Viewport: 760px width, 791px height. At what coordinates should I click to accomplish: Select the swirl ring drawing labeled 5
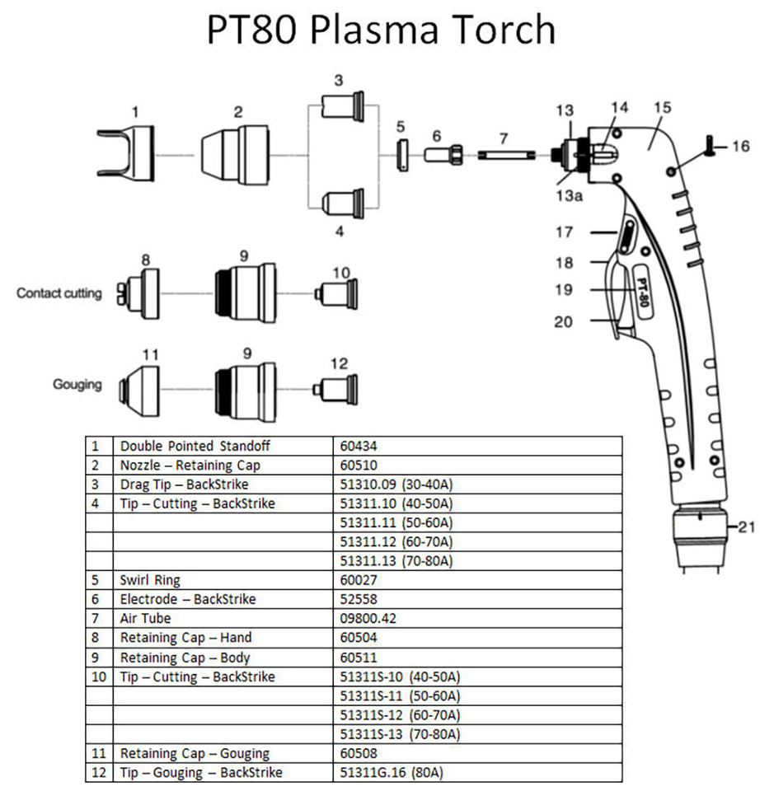point(401,155)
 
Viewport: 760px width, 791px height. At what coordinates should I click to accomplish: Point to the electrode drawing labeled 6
point(443,154)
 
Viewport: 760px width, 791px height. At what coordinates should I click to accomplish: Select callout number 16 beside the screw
point(740,147)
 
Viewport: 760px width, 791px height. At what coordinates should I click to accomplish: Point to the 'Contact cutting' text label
point(59,293)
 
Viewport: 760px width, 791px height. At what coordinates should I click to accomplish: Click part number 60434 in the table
point(359,446)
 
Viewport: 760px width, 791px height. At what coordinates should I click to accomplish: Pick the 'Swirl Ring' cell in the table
point(149,580)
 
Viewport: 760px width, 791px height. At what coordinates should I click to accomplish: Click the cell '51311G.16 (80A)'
point(391,772)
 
